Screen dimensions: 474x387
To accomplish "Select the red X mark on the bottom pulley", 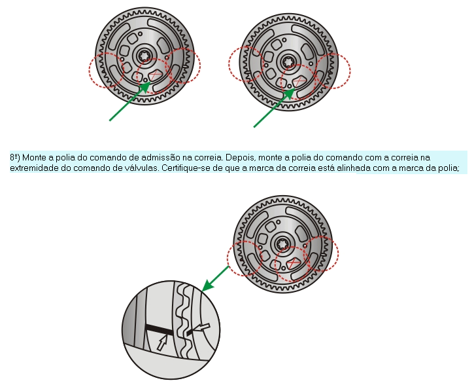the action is tap(292, 264).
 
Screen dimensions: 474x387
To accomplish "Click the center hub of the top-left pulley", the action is tap(146, 56).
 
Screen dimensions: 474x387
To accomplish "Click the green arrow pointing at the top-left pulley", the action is tap(130, 101).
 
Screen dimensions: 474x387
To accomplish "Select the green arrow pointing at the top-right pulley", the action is tap(274, 107).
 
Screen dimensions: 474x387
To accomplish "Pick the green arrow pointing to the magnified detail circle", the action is tap(215, 279).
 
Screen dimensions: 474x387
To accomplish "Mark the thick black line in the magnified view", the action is tap(160, 329).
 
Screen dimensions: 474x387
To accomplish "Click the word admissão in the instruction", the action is tap(160, 158).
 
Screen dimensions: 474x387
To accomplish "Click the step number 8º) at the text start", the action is tap(15, 158).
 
